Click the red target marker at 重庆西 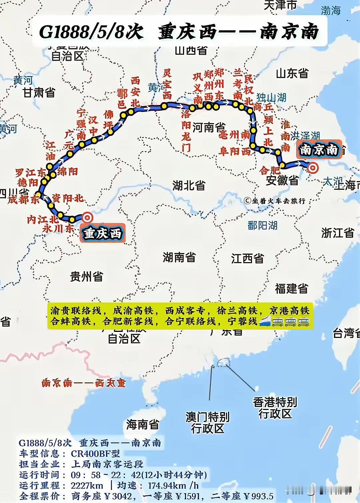click(x=87, y=217)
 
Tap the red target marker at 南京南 click(x=313, y=168)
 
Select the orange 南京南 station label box click(x=319, y=149)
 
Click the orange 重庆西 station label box click(x=103, y=233)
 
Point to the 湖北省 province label click(x=189, y=185)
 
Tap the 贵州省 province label click(x=87, y=276)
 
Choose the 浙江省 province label click(x=337, y=232)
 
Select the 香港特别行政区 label click(x=275, y=408)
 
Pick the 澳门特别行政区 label click(x=207, y=422)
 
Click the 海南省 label click(x=142, y=424)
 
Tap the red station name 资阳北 click(x=68, y=198)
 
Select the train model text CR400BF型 click(x=95, y=454)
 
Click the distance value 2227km click(x=87, y=485)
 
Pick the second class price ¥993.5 click(x=258, y=496)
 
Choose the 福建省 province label click(x=291, y=289)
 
